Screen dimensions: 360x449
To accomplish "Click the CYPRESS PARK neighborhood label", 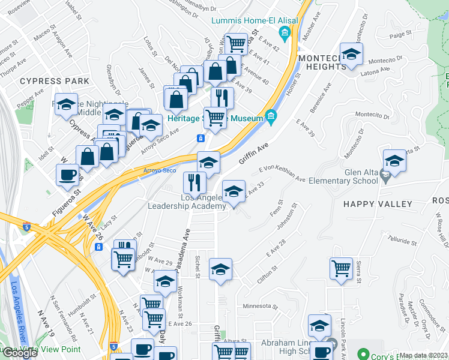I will click(54, 81).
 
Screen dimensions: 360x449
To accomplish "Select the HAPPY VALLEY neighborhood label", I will click(378, 204).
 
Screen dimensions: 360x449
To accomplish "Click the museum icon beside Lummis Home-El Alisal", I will click(286, 32).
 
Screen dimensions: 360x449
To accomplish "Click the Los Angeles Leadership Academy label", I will click(187, 202).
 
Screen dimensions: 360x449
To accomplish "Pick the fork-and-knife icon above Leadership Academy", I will click(194, 182).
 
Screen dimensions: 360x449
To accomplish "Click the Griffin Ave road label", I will click(253, 153).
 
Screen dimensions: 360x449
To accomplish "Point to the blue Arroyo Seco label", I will click(160, 171).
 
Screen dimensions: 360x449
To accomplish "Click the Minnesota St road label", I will click(261, 306).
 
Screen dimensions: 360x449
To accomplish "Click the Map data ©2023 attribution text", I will click(423, 355).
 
